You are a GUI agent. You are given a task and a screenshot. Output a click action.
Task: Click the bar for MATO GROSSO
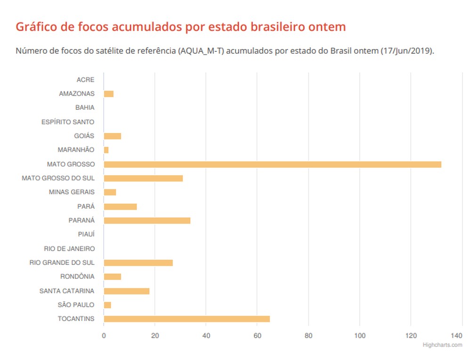point(272,164)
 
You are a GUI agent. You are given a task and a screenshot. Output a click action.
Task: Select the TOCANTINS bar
point(187,319)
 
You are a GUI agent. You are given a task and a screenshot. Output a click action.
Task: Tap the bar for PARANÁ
point(147,221)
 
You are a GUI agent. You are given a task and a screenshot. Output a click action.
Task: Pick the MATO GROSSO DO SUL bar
point(143,179)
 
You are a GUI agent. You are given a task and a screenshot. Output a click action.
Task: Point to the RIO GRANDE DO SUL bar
point(138,263)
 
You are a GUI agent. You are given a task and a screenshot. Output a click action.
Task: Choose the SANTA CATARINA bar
point(126,291)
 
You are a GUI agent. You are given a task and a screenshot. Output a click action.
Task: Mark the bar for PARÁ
point(120,206)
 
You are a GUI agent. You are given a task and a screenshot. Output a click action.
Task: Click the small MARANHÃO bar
point(106,150)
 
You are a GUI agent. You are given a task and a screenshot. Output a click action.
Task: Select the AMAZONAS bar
point(109,94)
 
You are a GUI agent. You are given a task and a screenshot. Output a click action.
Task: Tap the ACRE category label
point(85,80)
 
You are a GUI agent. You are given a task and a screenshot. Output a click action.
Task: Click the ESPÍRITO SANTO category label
point(68,122)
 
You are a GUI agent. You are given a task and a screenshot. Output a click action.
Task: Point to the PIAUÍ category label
point(86,234)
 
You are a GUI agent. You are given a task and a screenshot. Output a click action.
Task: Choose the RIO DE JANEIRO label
point(69,248)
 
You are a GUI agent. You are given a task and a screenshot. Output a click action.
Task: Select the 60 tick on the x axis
point(257,336)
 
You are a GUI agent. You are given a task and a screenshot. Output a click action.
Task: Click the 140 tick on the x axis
point(456,336)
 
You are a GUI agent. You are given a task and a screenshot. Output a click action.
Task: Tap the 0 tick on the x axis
point(104,336)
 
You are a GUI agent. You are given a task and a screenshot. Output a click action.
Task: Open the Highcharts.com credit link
point(442,345)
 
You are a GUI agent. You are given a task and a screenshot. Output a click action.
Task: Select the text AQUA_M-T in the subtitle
point(201,51)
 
